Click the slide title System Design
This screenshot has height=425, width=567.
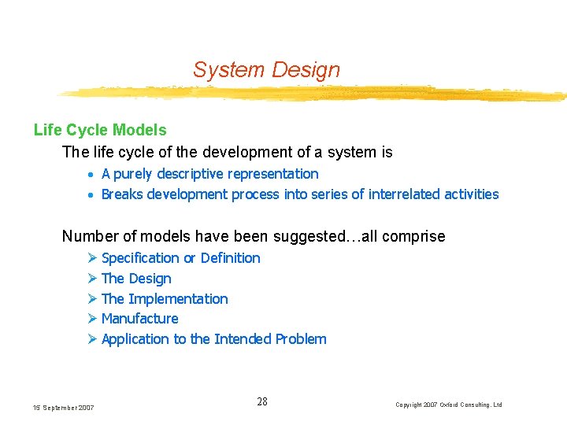266,70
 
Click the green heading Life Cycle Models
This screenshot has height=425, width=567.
100,130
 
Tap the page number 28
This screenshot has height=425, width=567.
262,402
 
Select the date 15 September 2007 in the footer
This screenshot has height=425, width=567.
64,407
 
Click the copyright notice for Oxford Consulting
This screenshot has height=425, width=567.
448,405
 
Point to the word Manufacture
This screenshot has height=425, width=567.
140,319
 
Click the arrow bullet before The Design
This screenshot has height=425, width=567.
92,279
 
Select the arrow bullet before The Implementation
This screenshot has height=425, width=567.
92,299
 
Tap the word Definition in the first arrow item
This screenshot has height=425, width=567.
230,258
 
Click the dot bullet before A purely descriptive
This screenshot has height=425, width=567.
92,175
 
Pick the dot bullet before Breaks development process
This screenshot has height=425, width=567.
92,195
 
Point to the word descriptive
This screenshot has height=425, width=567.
195,174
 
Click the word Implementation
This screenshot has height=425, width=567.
178,299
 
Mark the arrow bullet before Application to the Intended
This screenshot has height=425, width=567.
92,339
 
